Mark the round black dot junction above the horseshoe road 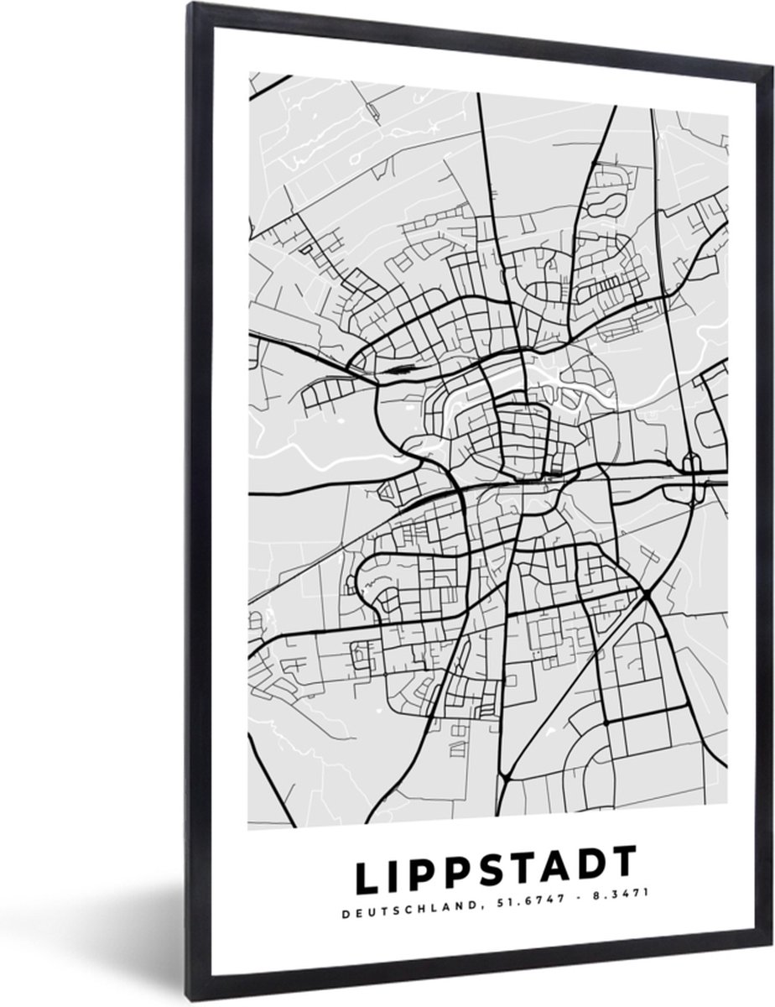coord(605,720)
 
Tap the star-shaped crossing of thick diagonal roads coord(648,595)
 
